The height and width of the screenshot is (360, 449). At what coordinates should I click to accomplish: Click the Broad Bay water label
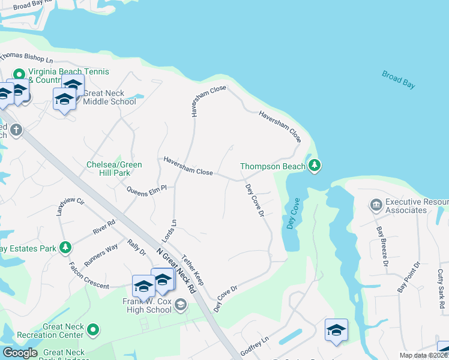[x=399, y=80]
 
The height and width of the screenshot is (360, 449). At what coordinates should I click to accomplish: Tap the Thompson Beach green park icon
[x=314, y=166]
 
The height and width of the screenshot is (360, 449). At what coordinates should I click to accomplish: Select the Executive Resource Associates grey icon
[x=376, y=206]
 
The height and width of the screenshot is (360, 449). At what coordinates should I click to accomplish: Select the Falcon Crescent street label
[x=88, y=276]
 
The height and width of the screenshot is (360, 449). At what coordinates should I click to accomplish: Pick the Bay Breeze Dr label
[x=382, y=245]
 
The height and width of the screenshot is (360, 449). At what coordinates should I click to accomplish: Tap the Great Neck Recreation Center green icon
[x=92, y=329]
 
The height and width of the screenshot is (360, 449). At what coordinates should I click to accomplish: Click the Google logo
[x=20, y=353]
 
